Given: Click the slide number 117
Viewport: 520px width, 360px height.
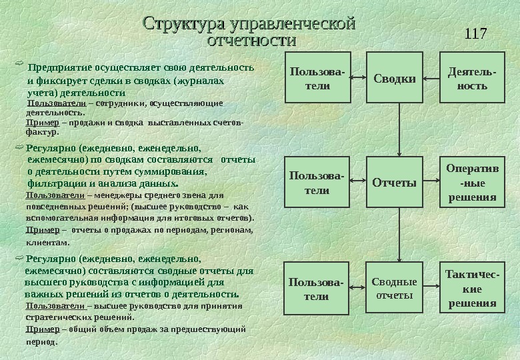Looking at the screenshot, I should coord(475,33).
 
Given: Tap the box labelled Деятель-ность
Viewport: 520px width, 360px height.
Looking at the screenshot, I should coord(468,78).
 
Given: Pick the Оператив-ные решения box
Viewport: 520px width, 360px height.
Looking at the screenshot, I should coord(471,183).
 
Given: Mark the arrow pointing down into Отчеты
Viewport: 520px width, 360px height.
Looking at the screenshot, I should coord(399,147).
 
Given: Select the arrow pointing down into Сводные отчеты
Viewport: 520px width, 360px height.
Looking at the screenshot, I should coord(399,253).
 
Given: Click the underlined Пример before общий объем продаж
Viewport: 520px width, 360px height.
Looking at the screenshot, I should coord(38,329).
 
